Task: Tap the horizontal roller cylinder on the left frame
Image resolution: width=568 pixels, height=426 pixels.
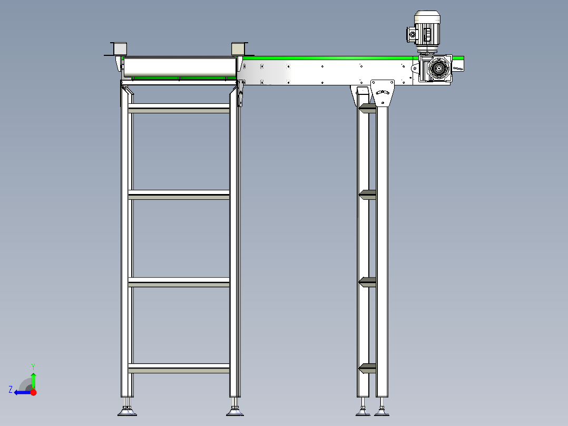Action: (x=179, y=66)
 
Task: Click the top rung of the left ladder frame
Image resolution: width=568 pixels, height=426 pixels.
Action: (x=179, y=108)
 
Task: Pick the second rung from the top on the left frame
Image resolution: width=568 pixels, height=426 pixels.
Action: (x=179, y=195)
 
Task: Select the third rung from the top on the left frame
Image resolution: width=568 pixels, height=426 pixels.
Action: (x=179, y=282)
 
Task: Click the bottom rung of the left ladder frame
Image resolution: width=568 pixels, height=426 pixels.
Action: (x=179, y=368)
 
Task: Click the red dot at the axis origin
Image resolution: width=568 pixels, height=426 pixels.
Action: (x=34, y=392)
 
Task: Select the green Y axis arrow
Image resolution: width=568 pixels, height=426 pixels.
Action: (x=33, y=380)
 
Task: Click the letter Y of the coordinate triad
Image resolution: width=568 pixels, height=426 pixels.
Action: (x=33, y=366)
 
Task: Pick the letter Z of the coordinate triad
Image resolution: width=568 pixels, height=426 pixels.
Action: (x=11, y=390)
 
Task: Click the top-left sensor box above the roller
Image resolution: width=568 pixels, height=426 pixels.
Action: (x=119, y=49)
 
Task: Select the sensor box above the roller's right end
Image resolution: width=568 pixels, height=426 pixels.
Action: (x=238, y=49)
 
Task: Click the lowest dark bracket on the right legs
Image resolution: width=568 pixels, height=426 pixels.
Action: (x=367, y=368)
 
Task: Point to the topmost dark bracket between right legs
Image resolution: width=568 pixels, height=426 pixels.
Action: (x=367, y=108)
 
